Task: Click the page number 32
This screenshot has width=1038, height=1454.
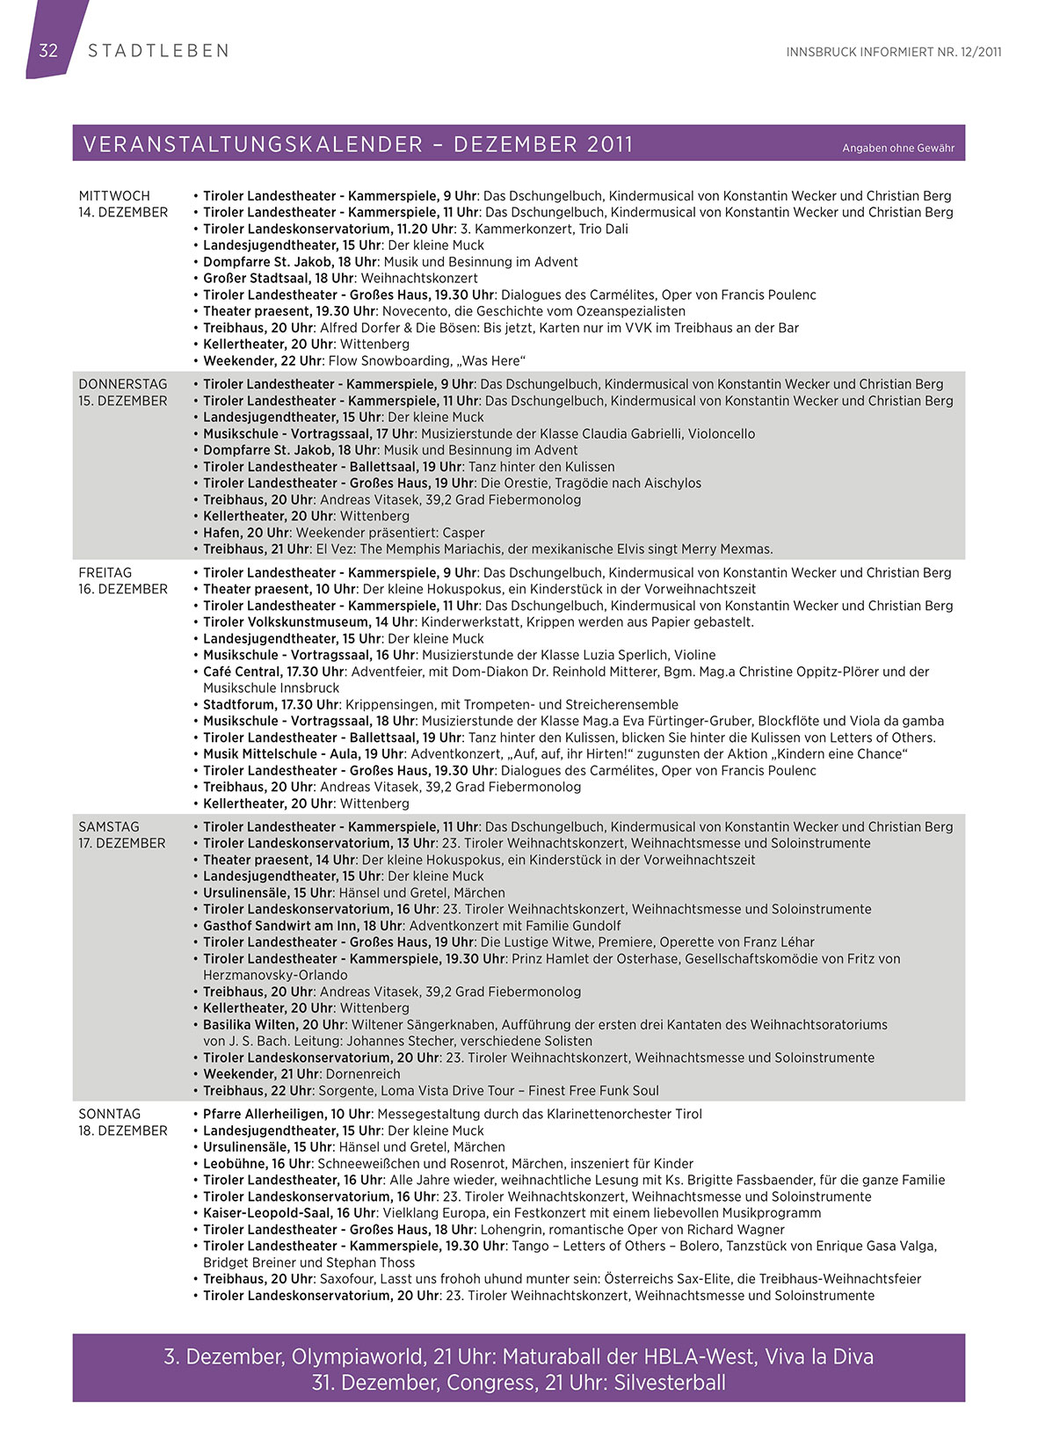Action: [x=48, y=50]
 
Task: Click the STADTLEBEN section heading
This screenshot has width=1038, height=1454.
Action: [x=158, y=51]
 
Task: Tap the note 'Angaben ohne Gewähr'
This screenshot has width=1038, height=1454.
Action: [x=897, y=148]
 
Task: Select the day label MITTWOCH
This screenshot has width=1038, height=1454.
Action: [x=114, y=196]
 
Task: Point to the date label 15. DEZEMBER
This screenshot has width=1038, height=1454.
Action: [x=123, y=401]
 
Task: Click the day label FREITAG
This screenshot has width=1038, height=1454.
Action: [x=105, y=572]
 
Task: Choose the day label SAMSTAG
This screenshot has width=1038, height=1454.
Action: [x=109, y=826]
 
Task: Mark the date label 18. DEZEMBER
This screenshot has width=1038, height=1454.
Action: [x=123, y=1130]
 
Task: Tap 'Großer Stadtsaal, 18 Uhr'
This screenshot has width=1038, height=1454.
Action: [x=279, y=278]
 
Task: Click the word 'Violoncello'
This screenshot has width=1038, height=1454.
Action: [x=721, y=433]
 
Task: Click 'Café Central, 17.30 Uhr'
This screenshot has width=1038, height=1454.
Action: [x=274, y=672]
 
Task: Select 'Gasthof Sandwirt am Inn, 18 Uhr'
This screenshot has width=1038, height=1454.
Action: [x=302, y=926]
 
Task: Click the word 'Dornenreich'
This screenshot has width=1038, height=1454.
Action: [x=363, y=1074]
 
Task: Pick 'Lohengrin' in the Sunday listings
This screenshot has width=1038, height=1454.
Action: [x=509, y=1230]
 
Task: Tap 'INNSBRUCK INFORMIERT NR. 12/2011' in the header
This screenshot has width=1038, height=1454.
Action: [x=894, y=52]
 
